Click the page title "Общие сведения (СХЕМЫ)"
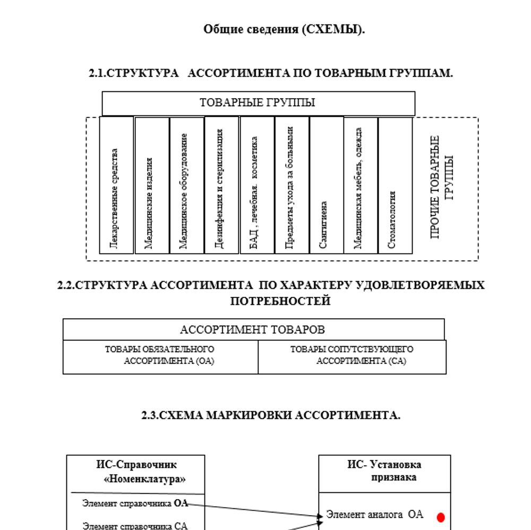pyautogui.click(x=284, y=30)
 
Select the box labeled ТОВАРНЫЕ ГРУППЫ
pyautogui.click(x=258, y=103)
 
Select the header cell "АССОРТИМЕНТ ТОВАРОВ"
pyautogui.click(x=253, y=330)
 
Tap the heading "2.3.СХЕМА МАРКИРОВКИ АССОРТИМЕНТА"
pyautogui.click(x=271, y=416)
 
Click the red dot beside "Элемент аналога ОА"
pyautogui.click(x=440, y=516)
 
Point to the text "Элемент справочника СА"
pyautogui.click(x=135, y=526)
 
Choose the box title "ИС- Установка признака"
pyautogui.click(x=385, y=471)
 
